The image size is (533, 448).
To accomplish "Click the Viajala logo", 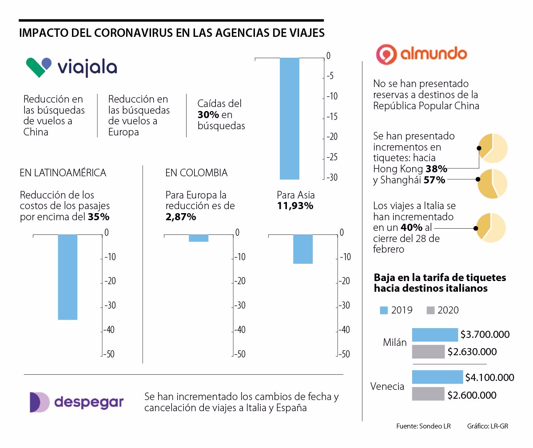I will pos(72,67).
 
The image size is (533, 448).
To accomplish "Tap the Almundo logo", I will pos(422,54).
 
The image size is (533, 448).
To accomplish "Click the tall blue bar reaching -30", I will pos(290,119).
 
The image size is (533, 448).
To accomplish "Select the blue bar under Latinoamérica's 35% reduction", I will pos(68,277).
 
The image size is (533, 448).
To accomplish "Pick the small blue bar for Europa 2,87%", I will pos(199,238).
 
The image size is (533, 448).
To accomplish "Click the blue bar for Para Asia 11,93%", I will pos(303,249).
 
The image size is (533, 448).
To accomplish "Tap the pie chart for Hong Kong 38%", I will pos(493,148).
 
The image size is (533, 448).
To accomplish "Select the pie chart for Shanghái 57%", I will pos(493,184).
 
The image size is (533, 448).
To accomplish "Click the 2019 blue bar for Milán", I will pos(435,335).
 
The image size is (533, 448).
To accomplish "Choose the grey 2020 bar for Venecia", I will pos(428,394).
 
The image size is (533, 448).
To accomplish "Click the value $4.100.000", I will pos(489,378).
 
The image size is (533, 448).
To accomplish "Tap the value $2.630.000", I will pos(472,352).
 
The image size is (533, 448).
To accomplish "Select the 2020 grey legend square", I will pos(430,310).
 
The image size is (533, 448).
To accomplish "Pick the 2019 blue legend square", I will pos(384,310).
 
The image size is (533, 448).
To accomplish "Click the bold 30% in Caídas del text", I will pos(208,115).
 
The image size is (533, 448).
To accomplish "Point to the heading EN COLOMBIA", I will pos(196,173).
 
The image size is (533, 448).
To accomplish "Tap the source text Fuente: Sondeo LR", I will pos(423,426).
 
